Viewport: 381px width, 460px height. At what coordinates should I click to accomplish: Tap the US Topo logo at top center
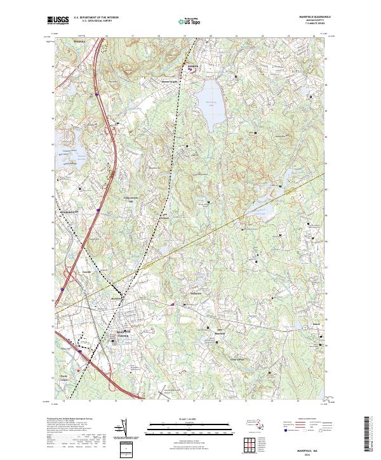(190, 21)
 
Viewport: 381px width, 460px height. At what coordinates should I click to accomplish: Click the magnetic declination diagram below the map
(124, 432)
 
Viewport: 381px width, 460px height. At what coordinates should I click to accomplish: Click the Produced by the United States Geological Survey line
(70, 419)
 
